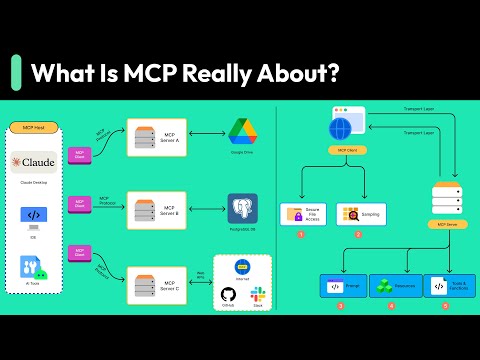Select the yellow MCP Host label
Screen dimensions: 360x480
pyautogui.click(x=35, y=128)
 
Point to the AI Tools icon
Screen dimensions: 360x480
pyautogui.click(x=34, y=267)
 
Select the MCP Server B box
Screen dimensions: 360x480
pyautogui.click(x=157, y=208)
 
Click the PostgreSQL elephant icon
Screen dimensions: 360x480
pyautogui.click(x=242, y=207)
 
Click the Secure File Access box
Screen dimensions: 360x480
pyautogui.click(x=305, y=214)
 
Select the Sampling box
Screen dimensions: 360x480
pyautogui.click(x=360, y=214)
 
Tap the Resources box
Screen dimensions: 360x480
pyautogui.click(x=395, y=286)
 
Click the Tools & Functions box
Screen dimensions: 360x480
pyautogui.click(x=449, y=286)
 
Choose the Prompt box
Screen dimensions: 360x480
pyautogui.click(x=342, y=286)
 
